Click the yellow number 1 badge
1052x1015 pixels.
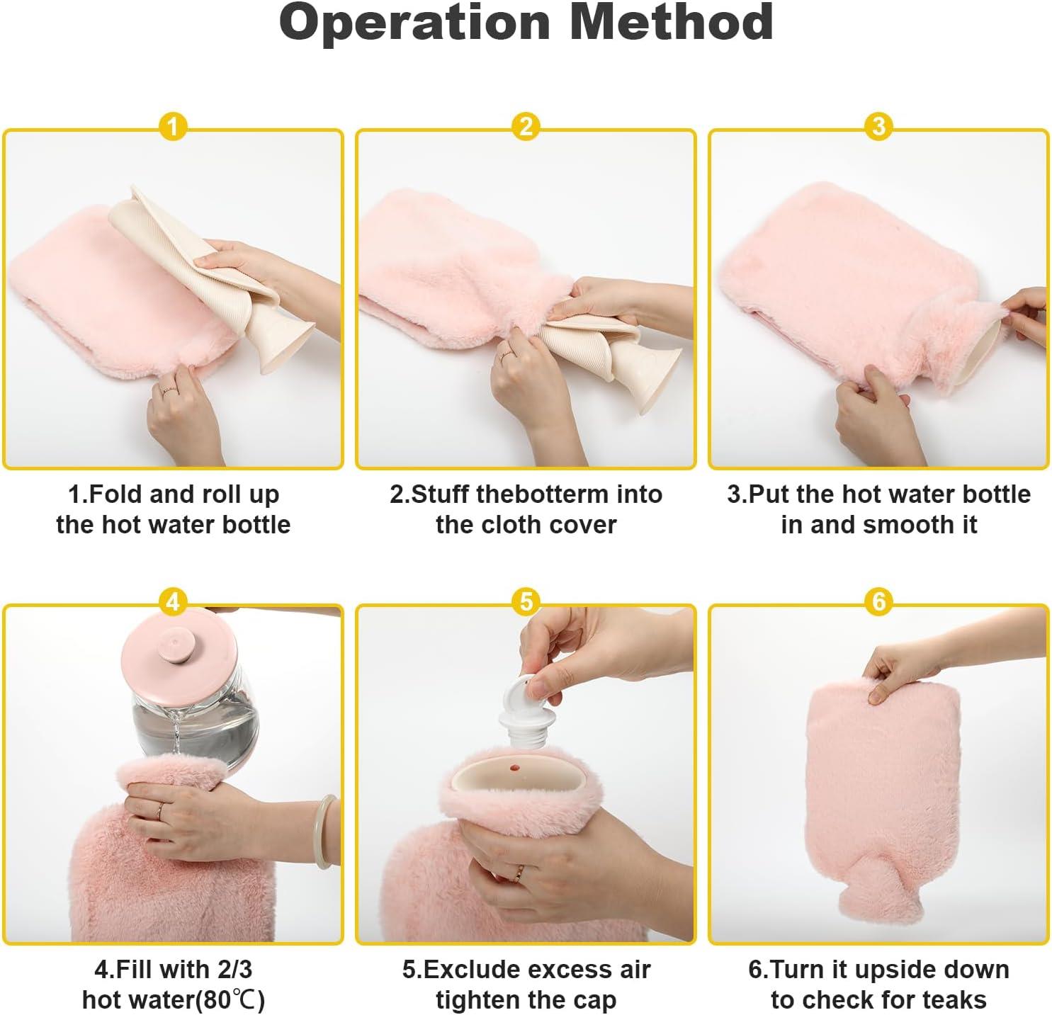click(x=173, y=128)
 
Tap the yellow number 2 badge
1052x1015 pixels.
click(x=526, y=127)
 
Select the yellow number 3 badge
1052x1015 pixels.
click(x=878, y=127)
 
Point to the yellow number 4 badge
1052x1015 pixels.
click(x=173, y=603)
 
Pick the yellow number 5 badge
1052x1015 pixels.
click(x=526, y=602)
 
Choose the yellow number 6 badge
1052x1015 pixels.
click(x=878, y=602)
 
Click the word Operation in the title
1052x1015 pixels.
click(x=414, y=23)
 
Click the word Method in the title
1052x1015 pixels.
click(x=671, y=23)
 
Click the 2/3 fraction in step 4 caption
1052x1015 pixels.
click(x=230, y=969)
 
